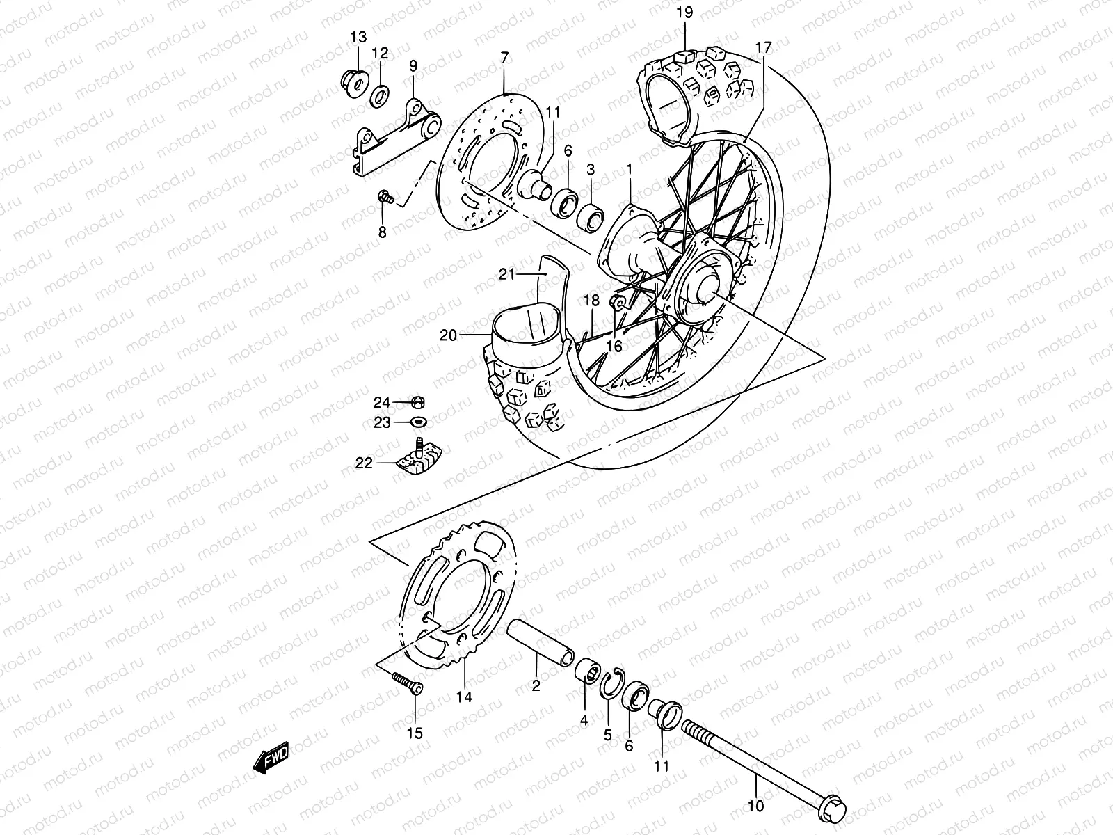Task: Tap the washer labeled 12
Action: tap(380, 95)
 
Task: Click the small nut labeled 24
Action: tap(418, 402)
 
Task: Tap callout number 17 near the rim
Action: tap(763, 48)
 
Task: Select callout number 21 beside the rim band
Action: tap(526, 275)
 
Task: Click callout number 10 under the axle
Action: tap(755, 806)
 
